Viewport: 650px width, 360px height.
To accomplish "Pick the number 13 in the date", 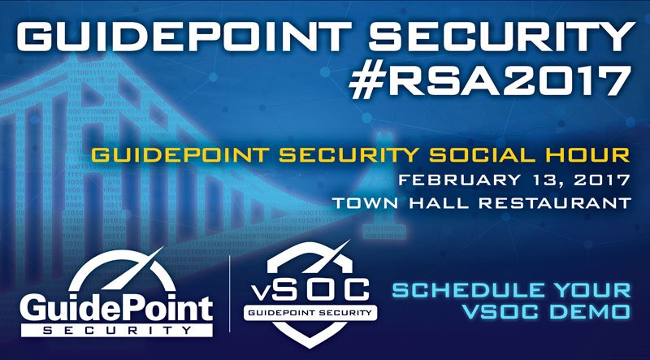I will [x=517, y=178].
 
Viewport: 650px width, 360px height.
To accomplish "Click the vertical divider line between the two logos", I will [x=233, y=301].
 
